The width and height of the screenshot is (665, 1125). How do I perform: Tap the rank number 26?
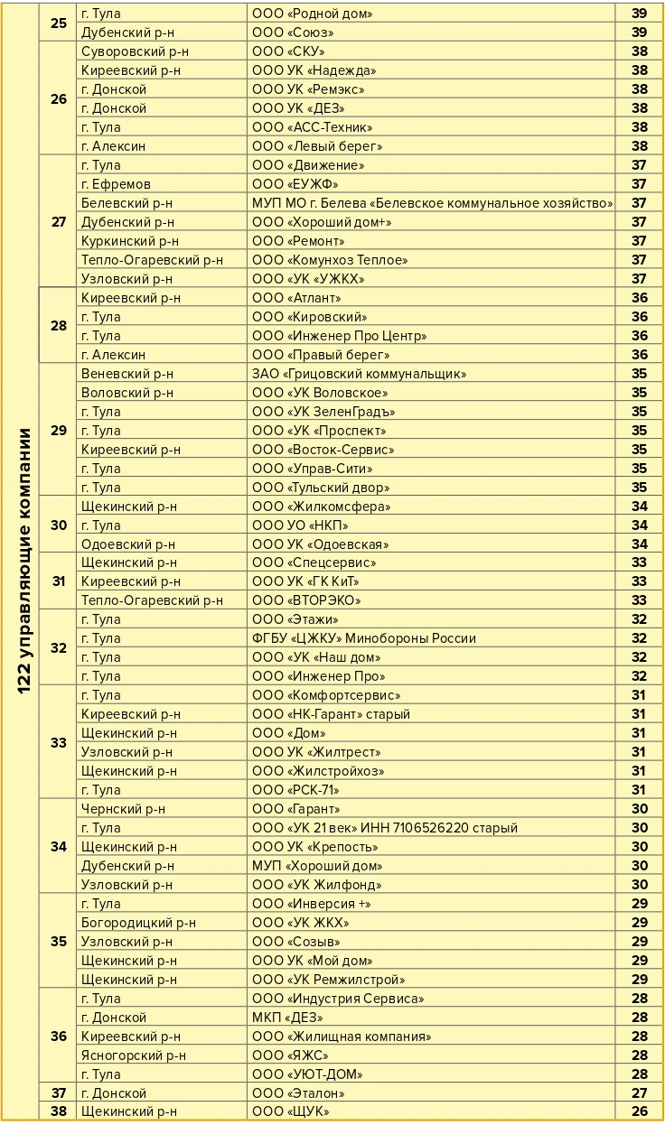point(59,98)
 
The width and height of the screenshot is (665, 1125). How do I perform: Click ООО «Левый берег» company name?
point(317,146)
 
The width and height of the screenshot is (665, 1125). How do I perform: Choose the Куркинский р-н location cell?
point(130,241)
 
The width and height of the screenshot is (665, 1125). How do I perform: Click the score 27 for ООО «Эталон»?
point(640,1093)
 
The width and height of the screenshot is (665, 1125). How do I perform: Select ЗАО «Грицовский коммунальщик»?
point(359,374)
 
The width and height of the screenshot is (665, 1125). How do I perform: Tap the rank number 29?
point(59,431)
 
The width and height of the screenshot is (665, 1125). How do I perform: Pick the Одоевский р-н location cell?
point(128,544)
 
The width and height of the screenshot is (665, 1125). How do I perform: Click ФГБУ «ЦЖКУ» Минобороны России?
point(364,638)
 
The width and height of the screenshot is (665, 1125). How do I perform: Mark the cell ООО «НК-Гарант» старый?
point(331,714)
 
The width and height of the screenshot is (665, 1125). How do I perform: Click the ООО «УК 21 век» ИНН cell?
point(385,828)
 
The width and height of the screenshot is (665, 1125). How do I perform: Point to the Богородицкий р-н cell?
point(138,923)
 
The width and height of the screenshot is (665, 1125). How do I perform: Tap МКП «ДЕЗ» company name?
point(286,1018)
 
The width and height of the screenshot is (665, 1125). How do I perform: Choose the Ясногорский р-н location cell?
point(134,1055)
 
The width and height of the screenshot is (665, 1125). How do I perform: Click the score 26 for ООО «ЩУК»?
point(640,1111)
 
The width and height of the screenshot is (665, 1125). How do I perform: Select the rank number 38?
point(59,1111)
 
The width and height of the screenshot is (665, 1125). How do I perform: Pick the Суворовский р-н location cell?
point(135,51)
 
